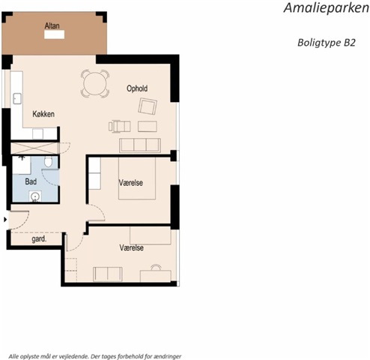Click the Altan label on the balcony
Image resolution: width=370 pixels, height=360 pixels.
tap(52, 25)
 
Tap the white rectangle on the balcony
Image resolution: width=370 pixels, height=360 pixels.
tap(54, 34)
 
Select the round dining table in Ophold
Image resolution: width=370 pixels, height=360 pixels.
tap(95, 83)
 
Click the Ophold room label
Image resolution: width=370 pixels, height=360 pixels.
tap(137, 88)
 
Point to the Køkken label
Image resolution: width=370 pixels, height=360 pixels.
tap(43, 114)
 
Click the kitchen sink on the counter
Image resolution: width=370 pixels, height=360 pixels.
tap(17, 98)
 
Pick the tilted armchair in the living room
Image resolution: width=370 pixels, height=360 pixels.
tap(148, 106)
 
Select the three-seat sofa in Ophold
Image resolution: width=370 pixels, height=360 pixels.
tap(140, 145)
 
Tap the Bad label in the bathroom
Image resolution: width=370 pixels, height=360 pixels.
tap(31, 181)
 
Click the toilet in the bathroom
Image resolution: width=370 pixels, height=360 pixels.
tap(48, 161)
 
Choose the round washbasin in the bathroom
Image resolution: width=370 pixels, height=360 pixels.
tap(35, 196)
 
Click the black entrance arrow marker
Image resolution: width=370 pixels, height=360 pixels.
tap(5, 220)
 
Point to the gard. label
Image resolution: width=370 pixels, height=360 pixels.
tap(39, 239)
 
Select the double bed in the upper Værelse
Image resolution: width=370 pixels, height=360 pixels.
tap(137, 178)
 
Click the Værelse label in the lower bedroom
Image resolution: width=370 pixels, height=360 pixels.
tap(131, 247)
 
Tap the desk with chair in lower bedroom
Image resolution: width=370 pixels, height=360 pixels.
tap(155, 274)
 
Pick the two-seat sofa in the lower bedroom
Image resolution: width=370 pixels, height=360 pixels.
tap(108, 274)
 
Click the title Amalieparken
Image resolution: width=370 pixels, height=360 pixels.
tap(327, 8)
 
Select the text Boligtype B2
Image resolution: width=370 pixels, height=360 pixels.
tap(327, 43)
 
